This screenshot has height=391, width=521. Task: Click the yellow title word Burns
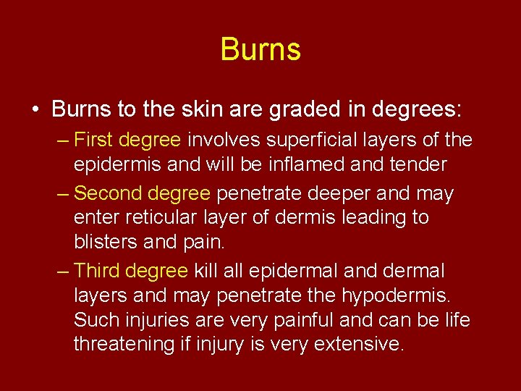pos(260,50)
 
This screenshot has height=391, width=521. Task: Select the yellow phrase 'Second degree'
pos(142,193)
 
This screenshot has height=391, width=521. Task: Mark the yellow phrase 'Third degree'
pos(131,271)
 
